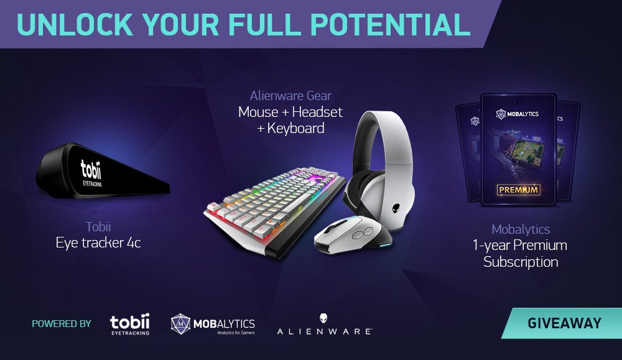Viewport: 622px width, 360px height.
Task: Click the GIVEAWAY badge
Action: (x=562, y=323)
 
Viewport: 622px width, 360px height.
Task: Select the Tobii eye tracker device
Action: (x=103, y=172)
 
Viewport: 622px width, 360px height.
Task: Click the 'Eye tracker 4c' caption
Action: (x=98, y=242)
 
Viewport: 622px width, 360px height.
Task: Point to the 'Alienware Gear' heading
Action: (x=290, y=96)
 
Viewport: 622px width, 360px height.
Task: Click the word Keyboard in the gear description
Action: (x=295, y=128)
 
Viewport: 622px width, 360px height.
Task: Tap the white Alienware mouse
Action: (x=352, y=235)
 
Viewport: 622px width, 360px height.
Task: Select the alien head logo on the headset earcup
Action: (x=396, y=208)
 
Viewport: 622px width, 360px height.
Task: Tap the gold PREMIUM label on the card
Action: (x=518, y=190)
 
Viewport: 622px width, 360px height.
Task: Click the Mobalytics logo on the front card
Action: (x=518, y=114)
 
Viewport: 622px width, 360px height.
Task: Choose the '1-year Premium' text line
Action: (x=519, y=246)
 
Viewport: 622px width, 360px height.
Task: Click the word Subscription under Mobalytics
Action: (x=521, y=262)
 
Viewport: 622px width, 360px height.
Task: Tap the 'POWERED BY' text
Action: (x=62, y=324)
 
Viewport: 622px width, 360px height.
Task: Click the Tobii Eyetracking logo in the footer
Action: (x=130, y=324)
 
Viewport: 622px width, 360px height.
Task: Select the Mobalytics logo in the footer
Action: (x=213, y=324)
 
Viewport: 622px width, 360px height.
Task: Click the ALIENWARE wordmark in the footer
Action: (x=324, y=325)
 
